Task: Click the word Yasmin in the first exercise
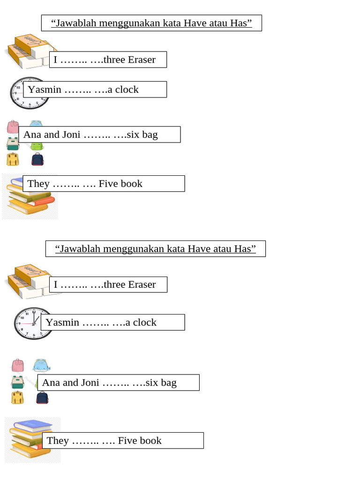45,90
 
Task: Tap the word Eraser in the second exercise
142,285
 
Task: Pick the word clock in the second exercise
144,322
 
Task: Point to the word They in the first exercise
38,184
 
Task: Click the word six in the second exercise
151,382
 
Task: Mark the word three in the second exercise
114,285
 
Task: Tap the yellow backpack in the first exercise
13,159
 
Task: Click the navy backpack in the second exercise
42,397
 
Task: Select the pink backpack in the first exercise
13,127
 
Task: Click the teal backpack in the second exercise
18,382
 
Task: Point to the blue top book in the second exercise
33,425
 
